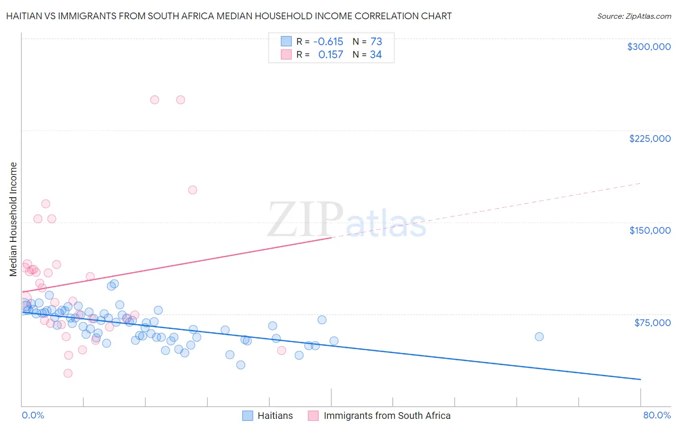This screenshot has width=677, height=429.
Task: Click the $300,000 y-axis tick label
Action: point(649,47)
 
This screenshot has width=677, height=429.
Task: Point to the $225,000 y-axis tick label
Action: point(650,139)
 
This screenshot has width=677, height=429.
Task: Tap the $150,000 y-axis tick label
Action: point(650,230)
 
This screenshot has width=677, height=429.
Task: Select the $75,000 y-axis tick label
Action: point(652,323)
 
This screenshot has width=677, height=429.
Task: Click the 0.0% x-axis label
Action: point(33,415)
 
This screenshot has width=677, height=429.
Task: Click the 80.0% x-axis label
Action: point(657,415)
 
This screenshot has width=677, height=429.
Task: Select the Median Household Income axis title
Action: point(13,219)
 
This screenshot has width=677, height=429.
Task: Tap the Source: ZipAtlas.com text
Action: point(634,16)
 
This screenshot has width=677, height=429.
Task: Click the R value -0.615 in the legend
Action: point(328,42)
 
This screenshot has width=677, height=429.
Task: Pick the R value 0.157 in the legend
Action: point(330,55)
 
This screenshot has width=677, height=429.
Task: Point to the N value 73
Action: point(376,42)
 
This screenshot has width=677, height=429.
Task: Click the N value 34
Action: point(376,55)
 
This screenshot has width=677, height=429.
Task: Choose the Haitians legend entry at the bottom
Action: point(275,416)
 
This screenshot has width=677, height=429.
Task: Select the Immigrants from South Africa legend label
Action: point(387,416)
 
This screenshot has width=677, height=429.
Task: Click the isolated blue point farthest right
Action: point(539,337)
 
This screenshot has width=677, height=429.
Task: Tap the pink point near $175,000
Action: point(193,190)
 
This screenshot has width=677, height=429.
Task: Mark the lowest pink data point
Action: point(68,373)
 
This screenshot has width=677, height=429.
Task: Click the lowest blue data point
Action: point(241,365)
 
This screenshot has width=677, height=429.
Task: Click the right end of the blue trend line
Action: point(640,379)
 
